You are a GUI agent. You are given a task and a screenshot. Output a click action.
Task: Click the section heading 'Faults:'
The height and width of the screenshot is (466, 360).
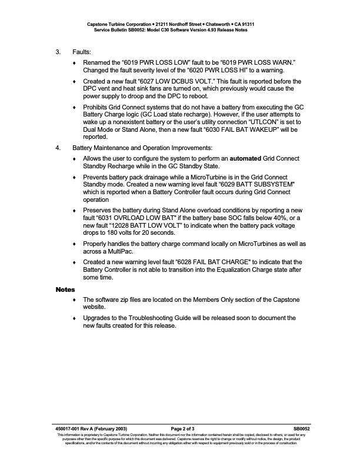click(82, 52)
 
